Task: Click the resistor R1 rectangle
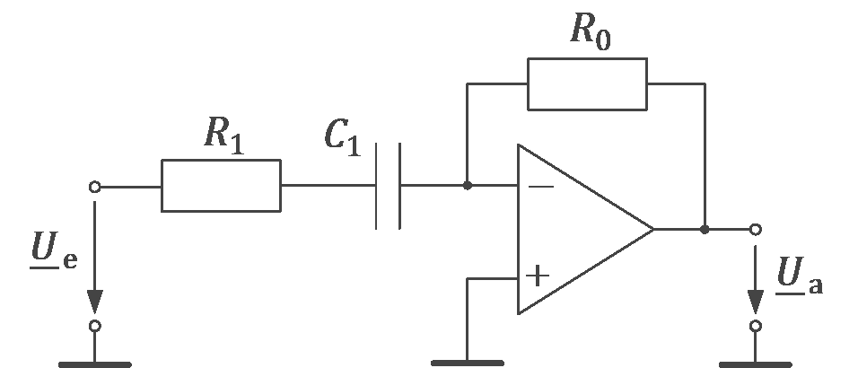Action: (x=221, y=186)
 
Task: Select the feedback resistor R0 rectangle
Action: (x=586, y=83)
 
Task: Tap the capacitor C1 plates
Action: (x=388, y=186)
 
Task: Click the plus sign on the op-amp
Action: (x=537, y=276)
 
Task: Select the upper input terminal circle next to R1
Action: (x=95, y=187)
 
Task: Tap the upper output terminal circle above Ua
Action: (x=757, y=230)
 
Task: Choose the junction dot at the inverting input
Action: (x=468, y=186)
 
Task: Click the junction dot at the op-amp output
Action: (x=705, y=230)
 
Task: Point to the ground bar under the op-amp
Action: (x=468, y=363)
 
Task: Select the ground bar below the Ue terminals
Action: (x=95, y=364)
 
